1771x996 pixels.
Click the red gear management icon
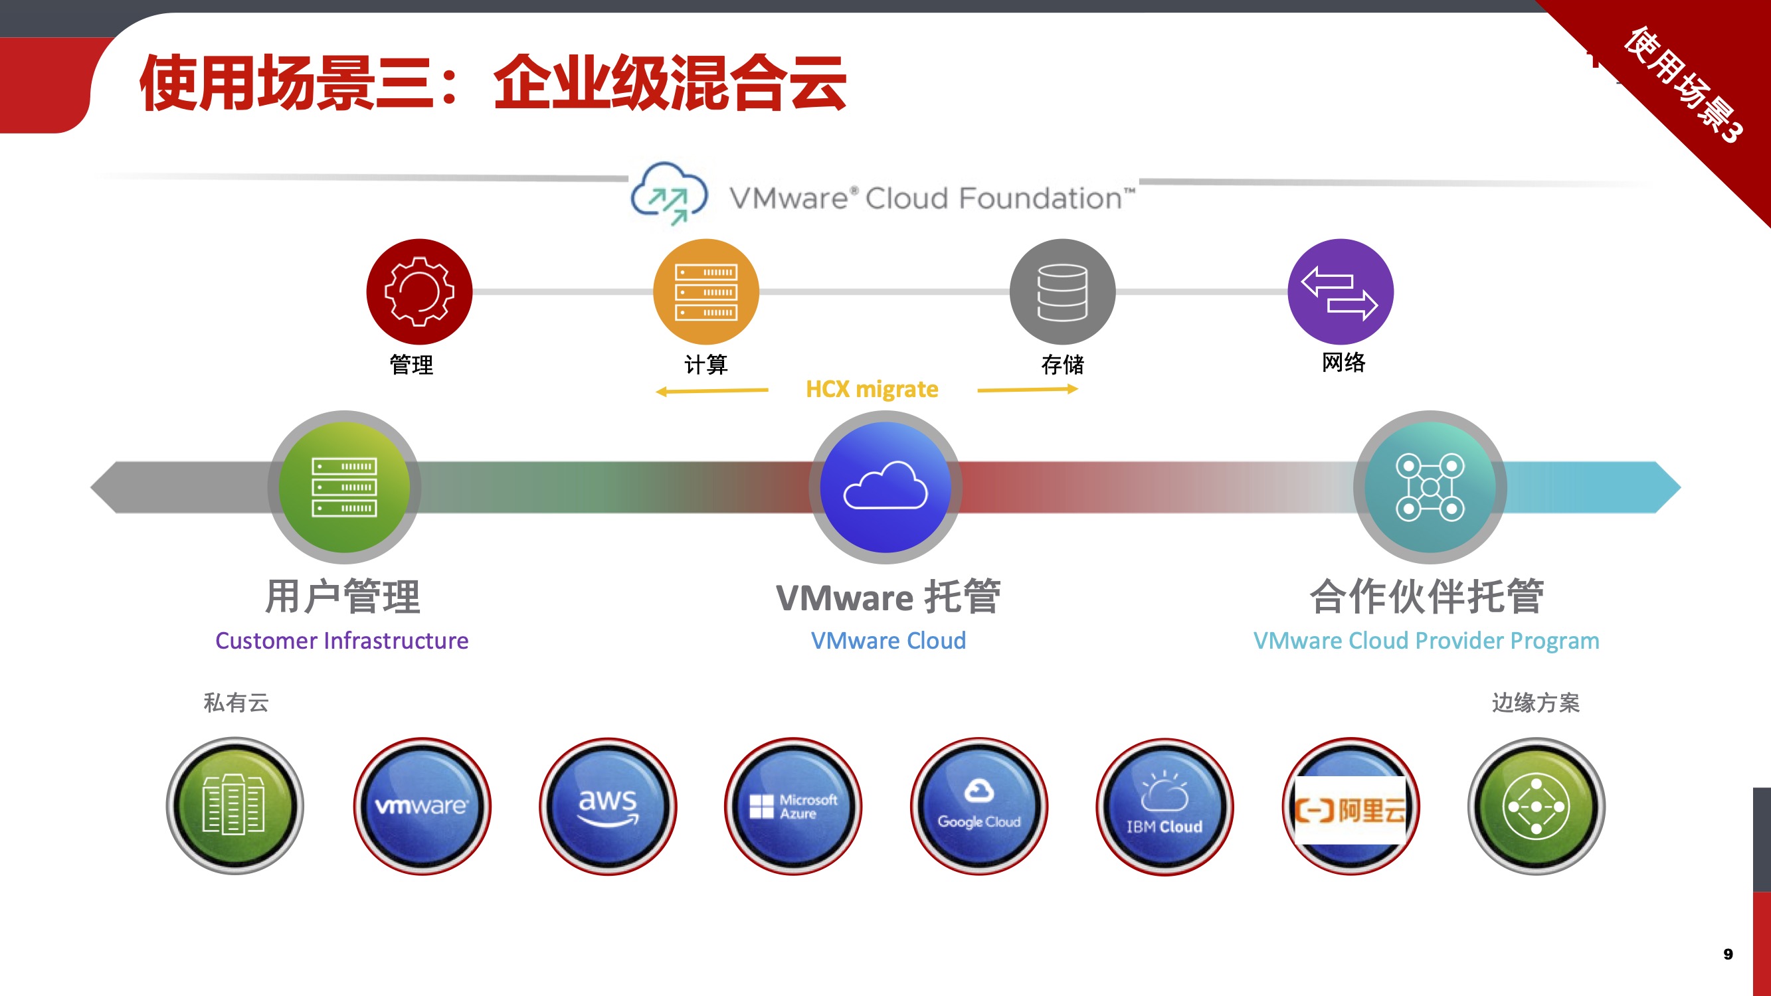coord(419,291)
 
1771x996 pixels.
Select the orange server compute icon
coord(706,291)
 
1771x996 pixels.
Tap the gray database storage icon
coord(1062,291)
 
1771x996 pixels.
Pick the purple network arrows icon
coord(1340,291)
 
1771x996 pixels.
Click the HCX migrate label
coord(872,389)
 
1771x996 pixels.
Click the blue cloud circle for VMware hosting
coord(886,487)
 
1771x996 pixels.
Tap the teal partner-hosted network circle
coord(1430,487)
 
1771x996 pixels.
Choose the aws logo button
coord(608,805)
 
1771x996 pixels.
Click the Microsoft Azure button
coord(793,805)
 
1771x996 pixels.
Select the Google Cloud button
coord(979,805)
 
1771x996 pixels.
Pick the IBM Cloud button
coord(1165,805)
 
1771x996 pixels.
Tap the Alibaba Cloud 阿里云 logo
coord(1351,809)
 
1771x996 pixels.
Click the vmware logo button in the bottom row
coord(422,805)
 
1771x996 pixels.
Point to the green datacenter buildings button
coord(234,805)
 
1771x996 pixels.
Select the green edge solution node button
coord(1537,805)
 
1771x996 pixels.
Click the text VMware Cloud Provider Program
coord(1426,641)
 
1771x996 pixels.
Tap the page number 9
coord(1728,954)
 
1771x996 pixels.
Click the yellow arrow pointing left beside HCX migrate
coord(711,391)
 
